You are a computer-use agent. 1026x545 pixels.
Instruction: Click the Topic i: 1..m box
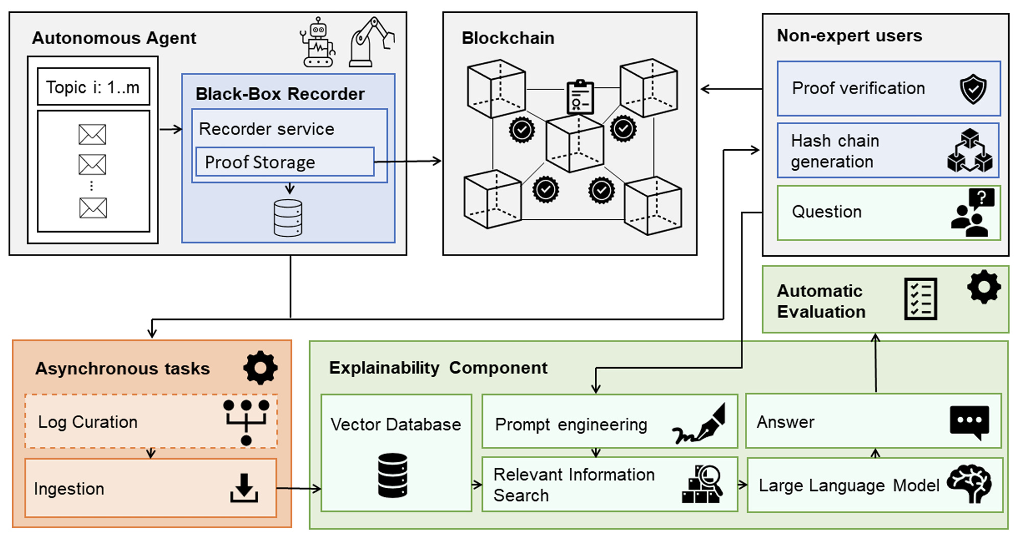[x=94, y=86]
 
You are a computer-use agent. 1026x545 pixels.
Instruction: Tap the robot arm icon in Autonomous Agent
[x=371, y=42]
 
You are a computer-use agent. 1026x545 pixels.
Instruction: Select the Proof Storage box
[x=285, y=162]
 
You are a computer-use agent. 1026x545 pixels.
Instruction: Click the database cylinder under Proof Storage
[x=288, y=218]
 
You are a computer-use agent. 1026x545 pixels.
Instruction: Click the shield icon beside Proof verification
[x=973, y=88]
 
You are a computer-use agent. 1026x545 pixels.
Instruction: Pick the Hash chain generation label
[x=835, y=151]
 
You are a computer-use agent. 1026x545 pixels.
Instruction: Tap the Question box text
[x=827, y=212]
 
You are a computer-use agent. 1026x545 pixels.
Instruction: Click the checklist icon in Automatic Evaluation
[x=920, y=299]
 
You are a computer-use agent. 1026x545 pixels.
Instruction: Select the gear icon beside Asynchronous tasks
[x=261, y=368]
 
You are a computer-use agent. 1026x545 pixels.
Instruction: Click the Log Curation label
[x=88, y=422]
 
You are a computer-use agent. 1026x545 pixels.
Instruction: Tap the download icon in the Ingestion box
[x=244, y=488]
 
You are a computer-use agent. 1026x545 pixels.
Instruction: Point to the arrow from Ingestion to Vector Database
[x=299, y=488]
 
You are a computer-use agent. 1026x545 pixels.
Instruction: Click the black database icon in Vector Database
[x=392, y=475]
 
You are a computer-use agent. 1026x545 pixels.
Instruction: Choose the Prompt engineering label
[x=571, y=424]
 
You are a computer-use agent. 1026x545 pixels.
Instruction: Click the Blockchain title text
[x=508, y=38]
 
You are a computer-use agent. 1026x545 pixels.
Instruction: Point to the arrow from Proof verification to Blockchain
[x=731, y=89]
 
